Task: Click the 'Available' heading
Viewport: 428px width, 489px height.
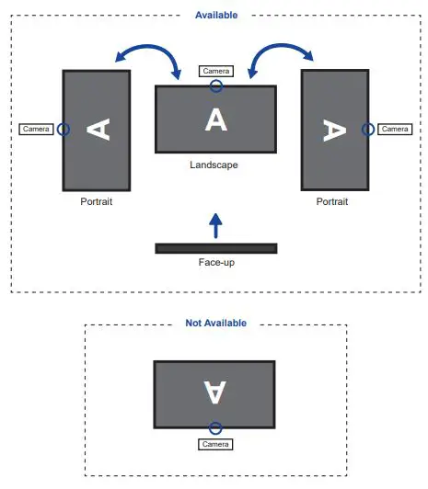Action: (216, 15)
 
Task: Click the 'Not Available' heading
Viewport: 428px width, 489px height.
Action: (215, 324)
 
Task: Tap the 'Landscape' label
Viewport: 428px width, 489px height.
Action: (214, 165)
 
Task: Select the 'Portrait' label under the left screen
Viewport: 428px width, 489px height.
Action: (96, 201)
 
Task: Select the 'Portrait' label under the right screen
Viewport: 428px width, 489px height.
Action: (332, 201)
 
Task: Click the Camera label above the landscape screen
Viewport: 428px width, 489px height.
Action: (215, 71)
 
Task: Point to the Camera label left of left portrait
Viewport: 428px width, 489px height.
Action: (36, 130)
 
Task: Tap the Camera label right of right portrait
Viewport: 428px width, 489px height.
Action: (394, 130)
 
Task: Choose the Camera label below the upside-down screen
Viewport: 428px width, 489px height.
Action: (215, 444)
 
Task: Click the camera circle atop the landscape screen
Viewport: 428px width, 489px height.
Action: (215, 86)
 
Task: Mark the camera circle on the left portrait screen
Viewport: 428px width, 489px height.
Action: (63, 130)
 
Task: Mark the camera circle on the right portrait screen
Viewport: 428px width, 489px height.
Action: (367, 130)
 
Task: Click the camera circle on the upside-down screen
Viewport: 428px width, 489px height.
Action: (215, 428)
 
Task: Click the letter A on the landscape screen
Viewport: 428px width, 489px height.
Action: (215, 119)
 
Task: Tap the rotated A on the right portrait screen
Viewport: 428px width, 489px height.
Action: (333, 130)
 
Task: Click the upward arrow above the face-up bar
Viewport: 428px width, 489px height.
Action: (215, 224)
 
